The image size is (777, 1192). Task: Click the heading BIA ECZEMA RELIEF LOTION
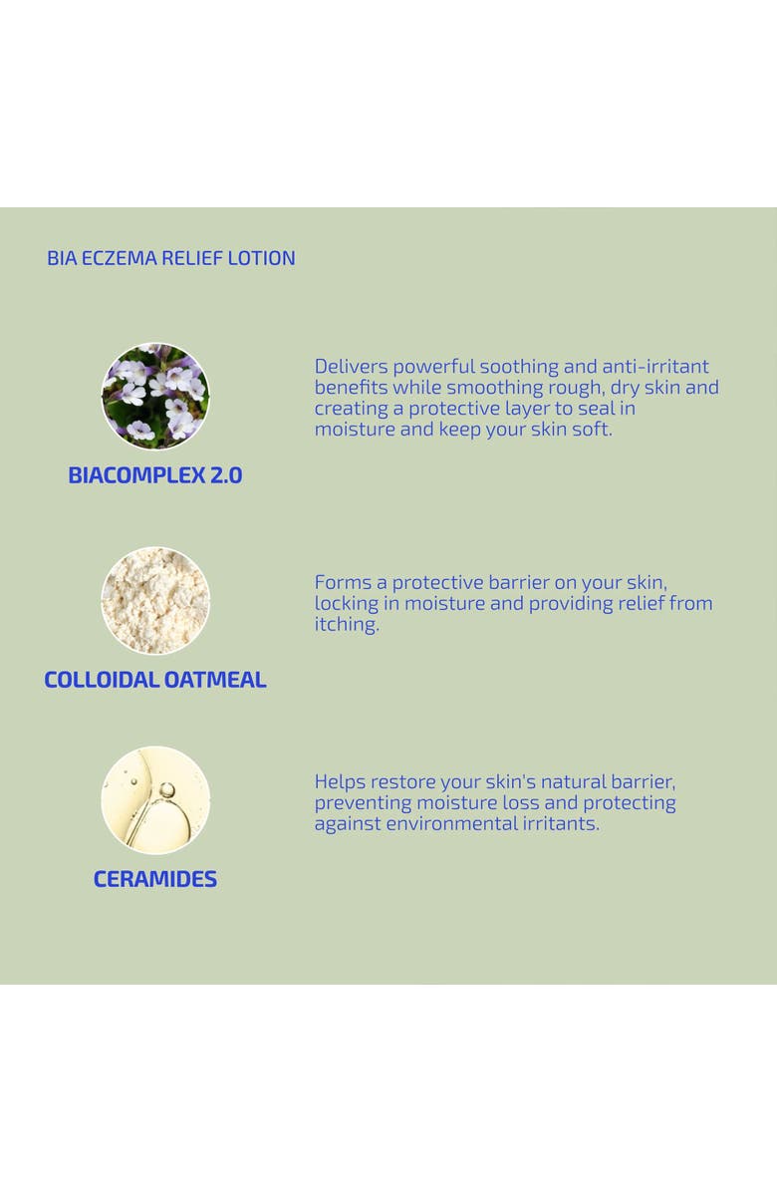[x=171, y=258]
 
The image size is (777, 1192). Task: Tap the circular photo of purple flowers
[x=155, y=397]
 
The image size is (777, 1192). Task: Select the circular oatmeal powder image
[x=155, y=601]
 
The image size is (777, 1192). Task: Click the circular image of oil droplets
[x=155, y=800]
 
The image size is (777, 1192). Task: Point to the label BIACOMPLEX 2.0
[x=155, y=475]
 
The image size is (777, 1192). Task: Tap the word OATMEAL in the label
[x=216, y=680]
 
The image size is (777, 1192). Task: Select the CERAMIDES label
[x=155, y=879]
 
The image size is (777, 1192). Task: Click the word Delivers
[x=351, y=367]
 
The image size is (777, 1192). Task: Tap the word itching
[x=347, y=625]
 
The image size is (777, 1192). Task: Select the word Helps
[x=340, y=781]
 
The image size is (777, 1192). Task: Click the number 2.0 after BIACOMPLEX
[x=226, y=475]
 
